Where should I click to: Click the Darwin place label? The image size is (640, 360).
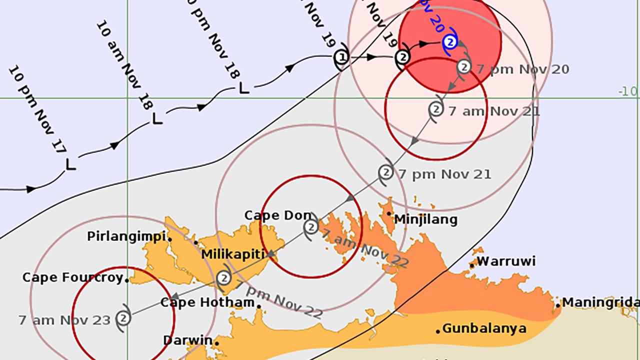187,340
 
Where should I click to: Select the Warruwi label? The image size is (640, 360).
506,261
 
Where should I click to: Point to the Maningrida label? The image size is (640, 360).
600,302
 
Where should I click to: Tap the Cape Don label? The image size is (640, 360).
277,215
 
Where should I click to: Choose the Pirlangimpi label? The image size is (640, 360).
126,236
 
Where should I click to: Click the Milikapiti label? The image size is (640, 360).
232,254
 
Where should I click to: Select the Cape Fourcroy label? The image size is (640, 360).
72,277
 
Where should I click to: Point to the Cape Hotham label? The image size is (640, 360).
207,302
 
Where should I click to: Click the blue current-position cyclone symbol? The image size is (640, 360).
450,42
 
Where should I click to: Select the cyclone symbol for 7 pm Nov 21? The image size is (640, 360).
385,172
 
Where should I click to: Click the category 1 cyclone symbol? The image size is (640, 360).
342,57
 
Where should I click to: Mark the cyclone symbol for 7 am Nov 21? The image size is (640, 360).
436,108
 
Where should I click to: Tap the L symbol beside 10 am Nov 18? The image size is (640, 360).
157,118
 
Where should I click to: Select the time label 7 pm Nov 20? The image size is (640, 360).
522,69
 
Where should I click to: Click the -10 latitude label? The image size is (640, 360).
628,91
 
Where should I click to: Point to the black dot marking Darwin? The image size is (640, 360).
217,343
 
